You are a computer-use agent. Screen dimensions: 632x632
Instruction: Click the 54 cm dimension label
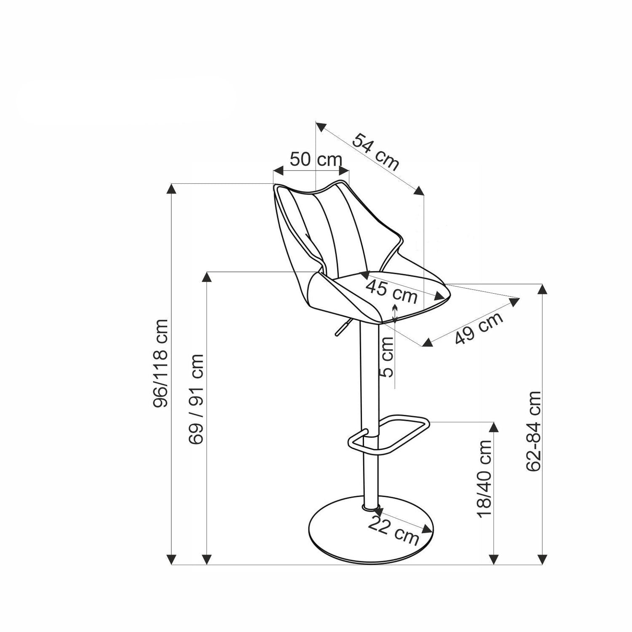tap(375, 151)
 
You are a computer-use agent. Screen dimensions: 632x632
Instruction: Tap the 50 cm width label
tap(316, 160)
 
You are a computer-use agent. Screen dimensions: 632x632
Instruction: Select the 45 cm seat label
tap(391, 291)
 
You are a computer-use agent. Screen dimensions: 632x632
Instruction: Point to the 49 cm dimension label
tap(479, 328)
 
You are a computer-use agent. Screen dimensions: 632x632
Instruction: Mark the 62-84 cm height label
tap(534, 431)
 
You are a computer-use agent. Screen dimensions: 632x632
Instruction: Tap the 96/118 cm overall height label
tap(161, 363)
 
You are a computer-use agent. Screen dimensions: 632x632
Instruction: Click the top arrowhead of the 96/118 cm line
tap(171, 189)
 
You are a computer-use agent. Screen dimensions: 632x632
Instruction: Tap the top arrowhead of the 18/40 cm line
tap(494, 427)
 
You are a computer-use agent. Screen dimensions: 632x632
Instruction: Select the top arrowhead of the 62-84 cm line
tap(543, 289)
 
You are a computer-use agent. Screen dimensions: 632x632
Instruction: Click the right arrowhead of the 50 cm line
tap(344, 171)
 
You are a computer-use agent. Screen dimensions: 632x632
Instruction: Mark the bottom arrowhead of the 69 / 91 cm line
tap(206, 559)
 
